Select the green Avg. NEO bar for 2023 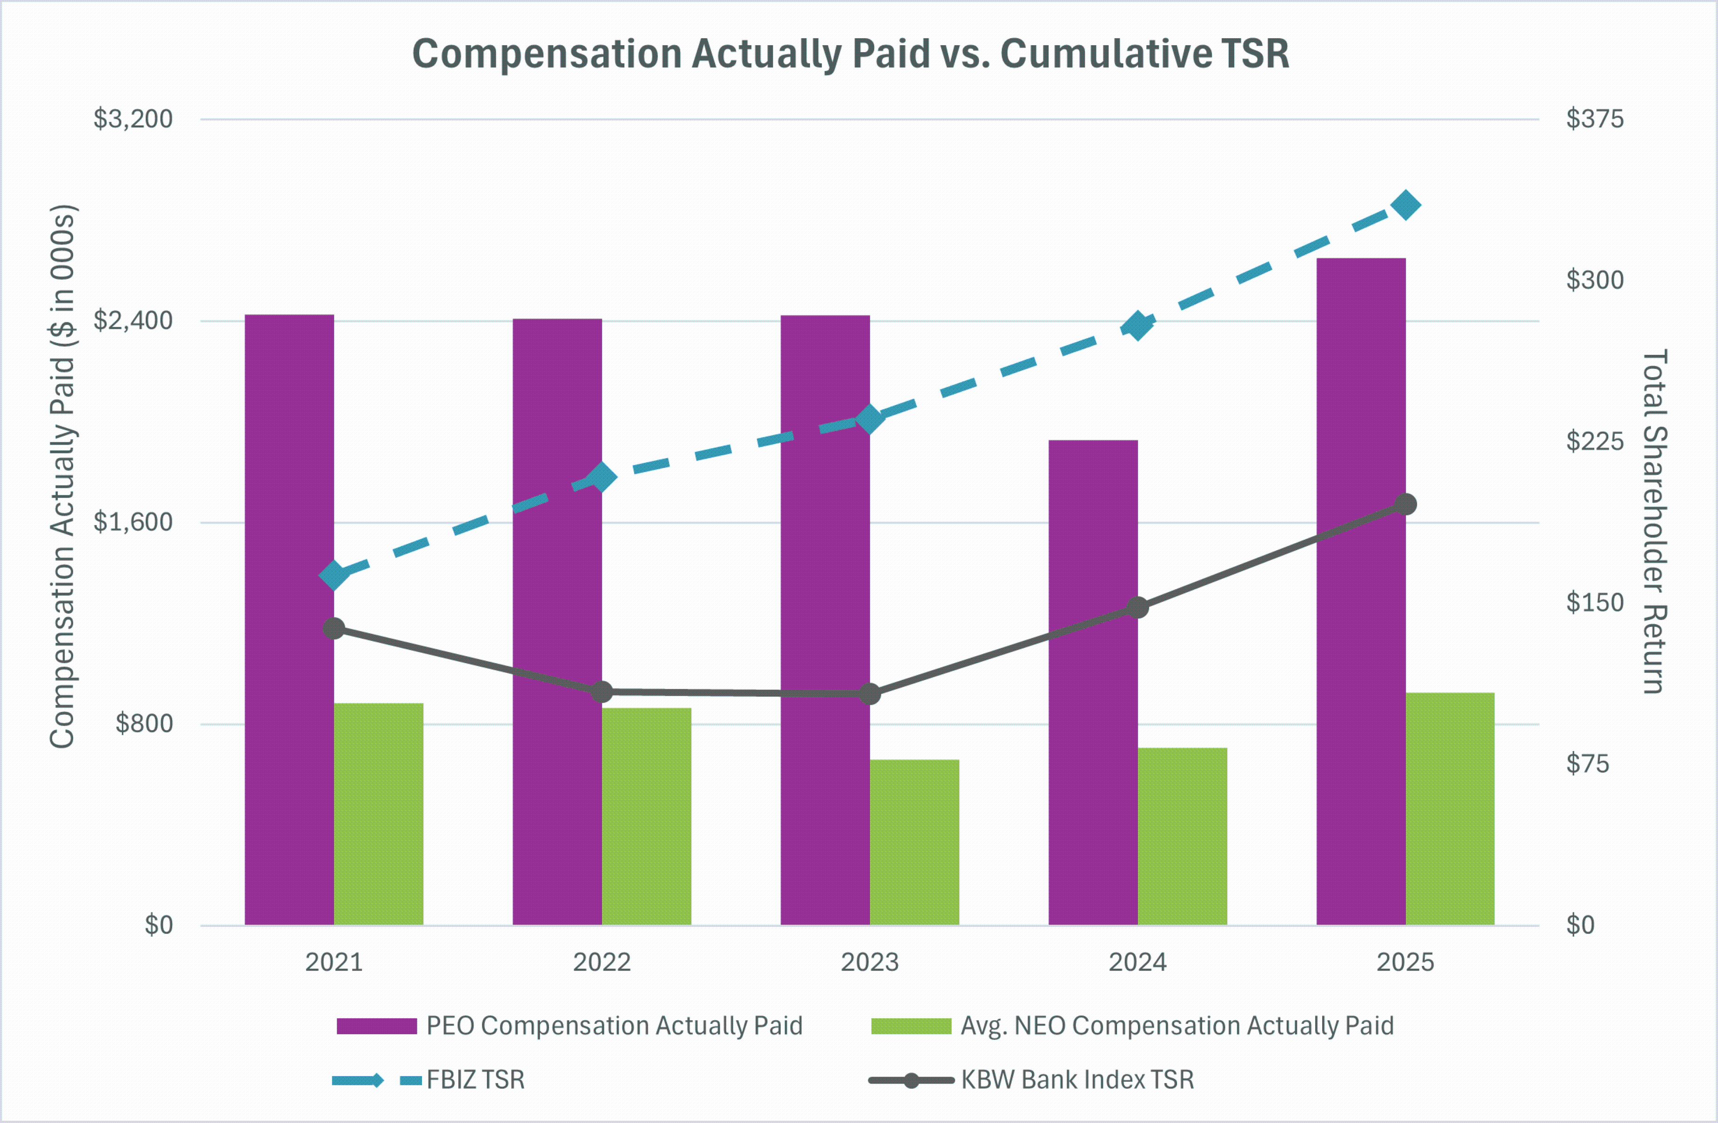(914, 842)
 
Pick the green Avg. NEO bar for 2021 (378, 814)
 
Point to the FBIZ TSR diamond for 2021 (334, 576)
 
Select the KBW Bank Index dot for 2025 (1405, 505)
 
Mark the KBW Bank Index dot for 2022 (602, 692)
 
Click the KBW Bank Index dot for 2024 (1137, 608)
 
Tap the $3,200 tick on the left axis (133, 119)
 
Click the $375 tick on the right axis (1594, 119)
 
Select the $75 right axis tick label (1587, 764)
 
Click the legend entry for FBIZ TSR (475, 1080)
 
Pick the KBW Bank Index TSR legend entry (1077, 1080)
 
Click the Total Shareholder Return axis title (1654, 521)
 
